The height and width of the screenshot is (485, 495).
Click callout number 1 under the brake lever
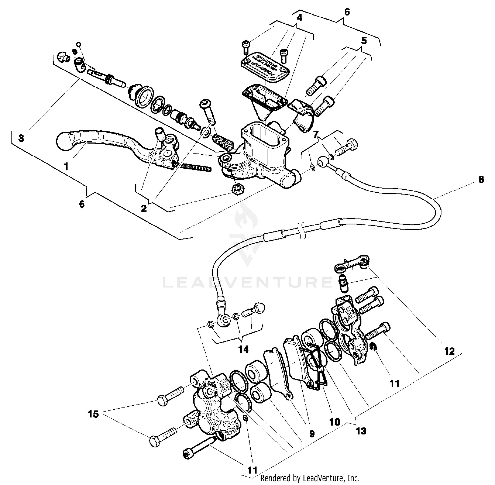(x=66, y=166)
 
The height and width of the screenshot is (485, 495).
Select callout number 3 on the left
(x=21, y=138)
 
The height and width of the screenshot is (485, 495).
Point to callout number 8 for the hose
(x=481, y=180)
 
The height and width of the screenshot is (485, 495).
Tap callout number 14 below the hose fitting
(x=243, y=349)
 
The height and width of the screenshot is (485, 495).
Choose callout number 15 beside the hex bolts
(x=93, y=414)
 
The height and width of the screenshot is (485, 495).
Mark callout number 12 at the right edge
(x=449, y=351)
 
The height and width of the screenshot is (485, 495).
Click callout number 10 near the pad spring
(x=334, y=422)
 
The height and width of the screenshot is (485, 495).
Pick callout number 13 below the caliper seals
(x=361, y=431)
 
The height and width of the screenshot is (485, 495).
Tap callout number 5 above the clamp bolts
(x=364, y=41)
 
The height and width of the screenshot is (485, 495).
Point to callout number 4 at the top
(x=299, y=18)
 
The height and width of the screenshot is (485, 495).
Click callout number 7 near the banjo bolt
(x=316, y=134)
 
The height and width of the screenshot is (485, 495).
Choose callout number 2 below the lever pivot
(x=144, y=209)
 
